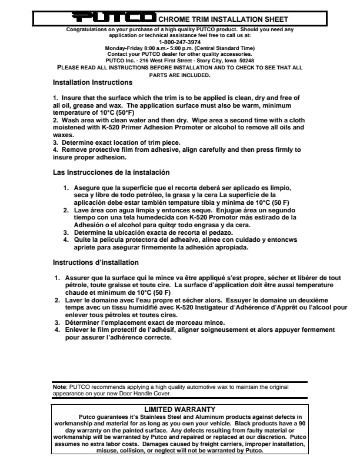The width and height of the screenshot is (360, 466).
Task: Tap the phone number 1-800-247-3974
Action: [x=180, y=42]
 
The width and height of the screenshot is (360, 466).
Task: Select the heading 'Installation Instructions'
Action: [x=92, y=82]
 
